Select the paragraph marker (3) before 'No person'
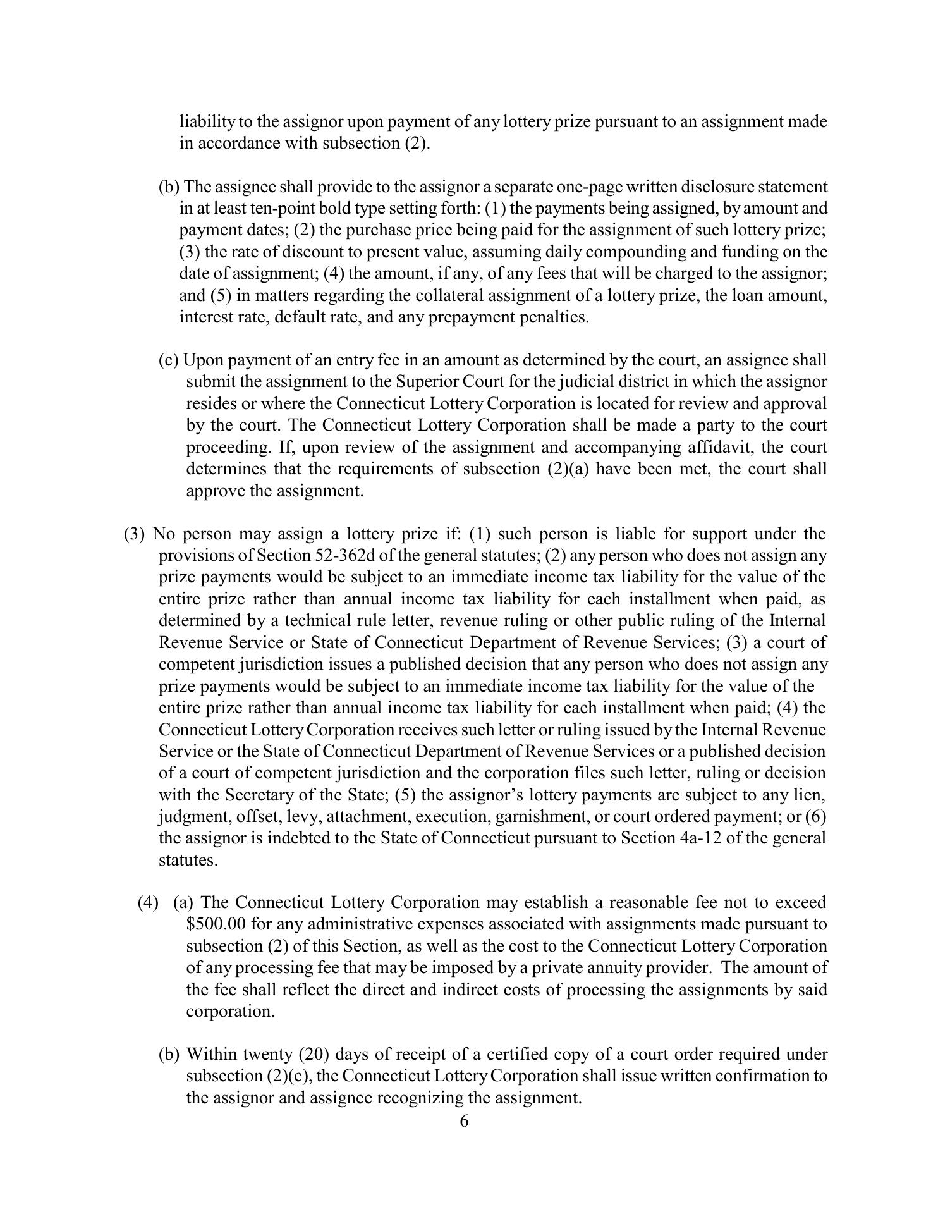134,534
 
